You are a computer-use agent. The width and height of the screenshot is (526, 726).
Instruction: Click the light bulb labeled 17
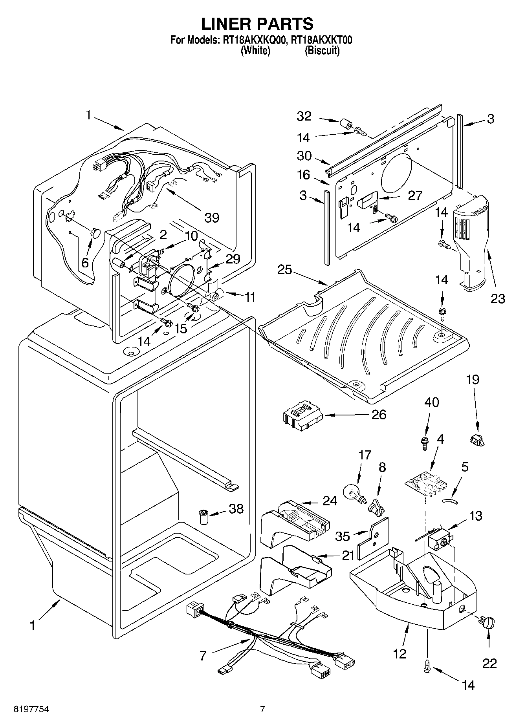click(x=356, y=494)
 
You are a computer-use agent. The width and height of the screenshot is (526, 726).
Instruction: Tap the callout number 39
click(x=212, y=217)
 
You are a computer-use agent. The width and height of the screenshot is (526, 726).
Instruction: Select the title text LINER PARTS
click(x=257, y=24)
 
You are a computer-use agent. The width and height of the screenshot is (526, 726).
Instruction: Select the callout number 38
click(x=236, y=509)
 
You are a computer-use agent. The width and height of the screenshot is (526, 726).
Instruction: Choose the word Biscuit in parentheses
click(x=322, y=51)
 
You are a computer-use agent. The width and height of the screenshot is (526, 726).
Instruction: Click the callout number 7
click(x=203, y=656)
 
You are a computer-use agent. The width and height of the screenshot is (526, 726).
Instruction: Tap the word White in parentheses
click(x=255, y=51)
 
